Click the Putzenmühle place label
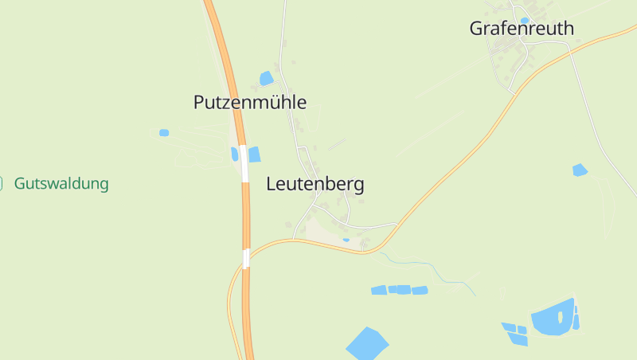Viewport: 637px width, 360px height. [x=249, y=102]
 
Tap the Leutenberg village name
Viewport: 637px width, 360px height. [x=315, y=185]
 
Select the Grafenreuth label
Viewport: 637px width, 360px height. [x=521, y=29]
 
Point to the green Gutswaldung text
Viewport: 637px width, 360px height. [x=61, y=184]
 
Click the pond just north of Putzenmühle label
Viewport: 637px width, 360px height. [x=266, y=78]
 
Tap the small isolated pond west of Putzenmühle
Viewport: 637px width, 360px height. [x=164, y=132]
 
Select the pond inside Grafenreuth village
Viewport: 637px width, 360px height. [x=524, y=21]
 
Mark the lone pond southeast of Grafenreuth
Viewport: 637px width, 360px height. [x=580, y=170]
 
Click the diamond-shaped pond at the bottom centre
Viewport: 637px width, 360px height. [x=367, y=343]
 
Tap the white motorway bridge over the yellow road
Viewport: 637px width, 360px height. [x=246, y=258]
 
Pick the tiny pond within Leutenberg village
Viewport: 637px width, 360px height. [x=346, y=239]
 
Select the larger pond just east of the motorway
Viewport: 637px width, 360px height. [x=254, y=155]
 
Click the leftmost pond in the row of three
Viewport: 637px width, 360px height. [x=379, y=291]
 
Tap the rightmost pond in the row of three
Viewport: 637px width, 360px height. [x=420, y=290]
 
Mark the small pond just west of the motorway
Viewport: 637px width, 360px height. [x=235, y=154]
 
